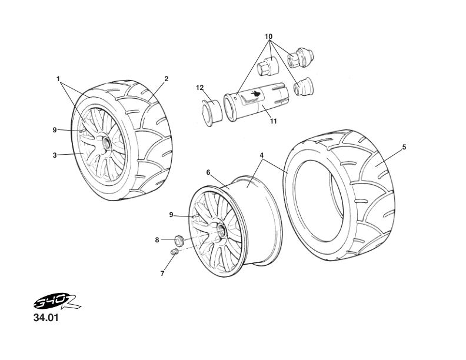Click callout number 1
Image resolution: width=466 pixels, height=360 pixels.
click(x=58, y=78)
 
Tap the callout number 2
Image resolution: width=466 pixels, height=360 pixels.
click(x=167, y=78)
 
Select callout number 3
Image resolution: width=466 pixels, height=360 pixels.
click(x=54, y=155)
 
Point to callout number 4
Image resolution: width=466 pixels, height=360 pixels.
click(x=261, y=155)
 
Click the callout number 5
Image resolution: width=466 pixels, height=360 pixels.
click(x=404, y=147)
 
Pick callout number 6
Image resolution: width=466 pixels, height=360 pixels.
click(x=208, y=172)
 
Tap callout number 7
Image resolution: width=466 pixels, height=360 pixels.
click(x=162, y=274)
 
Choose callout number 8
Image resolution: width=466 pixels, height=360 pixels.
click(x=157, y=239)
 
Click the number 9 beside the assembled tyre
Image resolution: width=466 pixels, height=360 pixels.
click(x=54, y=129)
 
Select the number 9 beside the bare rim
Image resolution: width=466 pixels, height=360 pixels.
click(x=171, y=215)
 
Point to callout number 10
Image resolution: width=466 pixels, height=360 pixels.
click(x=269, y=36)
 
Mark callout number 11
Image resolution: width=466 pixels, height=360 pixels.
click(x=273, y=122)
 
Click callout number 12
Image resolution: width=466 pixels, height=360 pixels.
click(x=199, y=88)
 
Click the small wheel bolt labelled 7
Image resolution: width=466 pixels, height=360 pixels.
click(x=174, y=252)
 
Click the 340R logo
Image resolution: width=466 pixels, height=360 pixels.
click(x=56, y=304)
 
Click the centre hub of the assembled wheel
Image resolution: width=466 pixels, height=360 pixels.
click(x=106, y=142)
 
